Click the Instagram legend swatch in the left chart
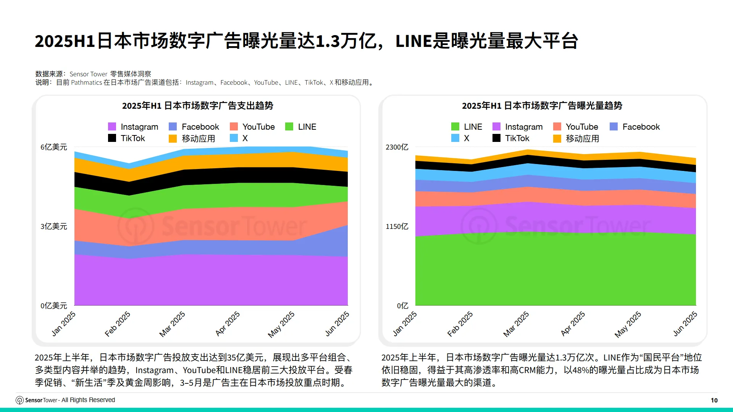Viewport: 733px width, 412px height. point(112,127)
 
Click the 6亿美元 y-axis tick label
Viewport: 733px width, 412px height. point(54,147)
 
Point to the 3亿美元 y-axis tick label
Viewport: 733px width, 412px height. point(54,227)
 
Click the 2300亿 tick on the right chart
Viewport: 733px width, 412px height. point(397,147)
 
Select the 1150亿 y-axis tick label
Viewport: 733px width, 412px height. point(397,227)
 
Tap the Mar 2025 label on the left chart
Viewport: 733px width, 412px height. point(172,324)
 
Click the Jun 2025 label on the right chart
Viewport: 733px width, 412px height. point(685,324)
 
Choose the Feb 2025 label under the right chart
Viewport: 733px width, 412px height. point(460,324)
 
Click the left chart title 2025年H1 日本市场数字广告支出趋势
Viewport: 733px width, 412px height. point(197,106)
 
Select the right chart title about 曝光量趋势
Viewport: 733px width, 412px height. point(542,106)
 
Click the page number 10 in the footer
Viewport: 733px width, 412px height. point(714,400)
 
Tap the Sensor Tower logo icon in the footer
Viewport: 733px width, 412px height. point(19,400)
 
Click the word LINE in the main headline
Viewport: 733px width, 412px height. point(413,41)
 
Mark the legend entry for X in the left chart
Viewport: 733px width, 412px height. point(244,138)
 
